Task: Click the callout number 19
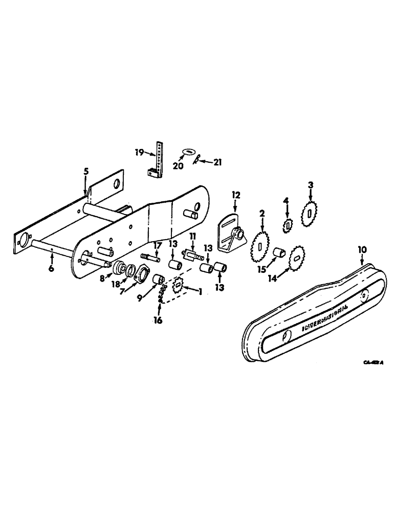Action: [139, 152]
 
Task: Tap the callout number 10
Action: [362, 249]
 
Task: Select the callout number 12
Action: [236, 195]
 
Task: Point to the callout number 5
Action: [86, 172]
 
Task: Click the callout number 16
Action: [159, 321]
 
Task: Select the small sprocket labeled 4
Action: [288, 223]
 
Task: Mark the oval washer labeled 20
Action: [189, 153]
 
